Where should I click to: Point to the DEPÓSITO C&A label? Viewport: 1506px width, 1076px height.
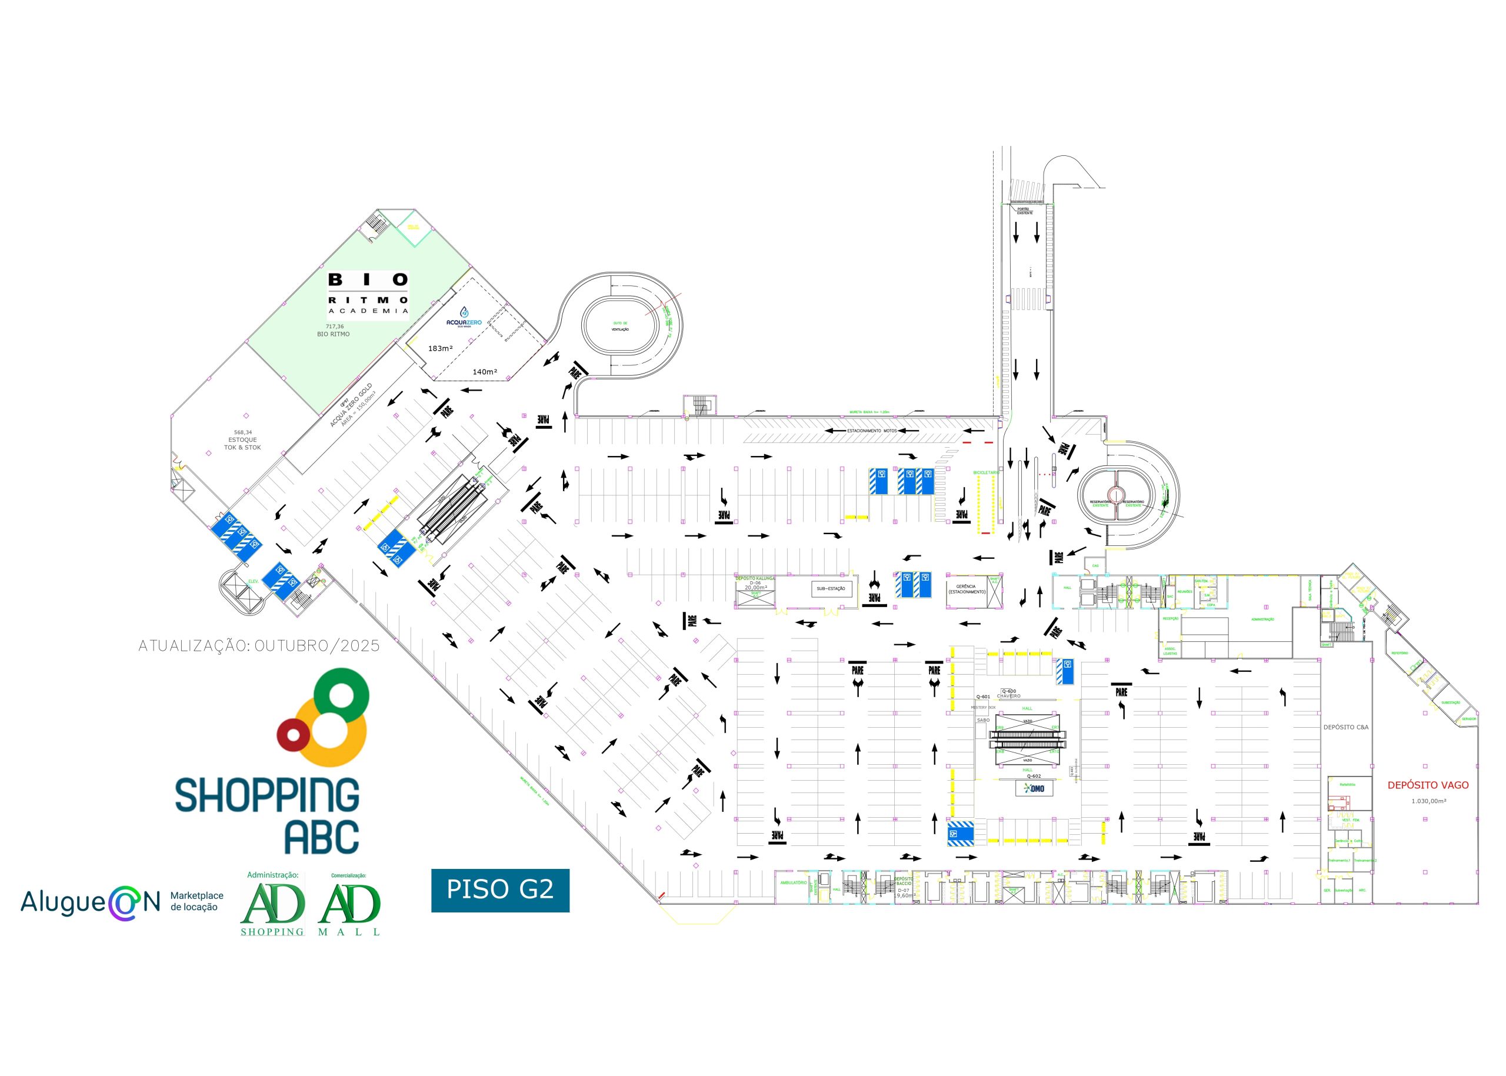1345,727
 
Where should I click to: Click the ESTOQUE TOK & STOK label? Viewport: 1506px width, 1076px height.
242,443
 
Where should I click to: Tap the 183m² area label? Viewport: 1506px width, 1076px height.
440,348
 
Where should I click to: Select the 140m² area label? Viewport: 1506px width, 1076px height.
485,372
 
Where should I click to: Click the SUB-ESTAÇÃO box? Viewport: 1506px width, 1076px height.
831,588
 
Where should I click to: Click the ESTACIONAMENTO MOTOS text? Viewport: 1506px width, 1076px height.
871,431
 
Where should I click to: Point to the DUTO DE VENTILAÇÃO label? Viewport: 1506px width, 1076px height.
620,327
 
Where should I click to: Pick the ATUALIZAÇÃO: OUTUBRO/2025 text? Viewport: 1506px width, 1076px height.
259,646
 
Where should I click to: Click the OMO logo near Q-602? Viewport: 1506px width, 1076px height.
1034,788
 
